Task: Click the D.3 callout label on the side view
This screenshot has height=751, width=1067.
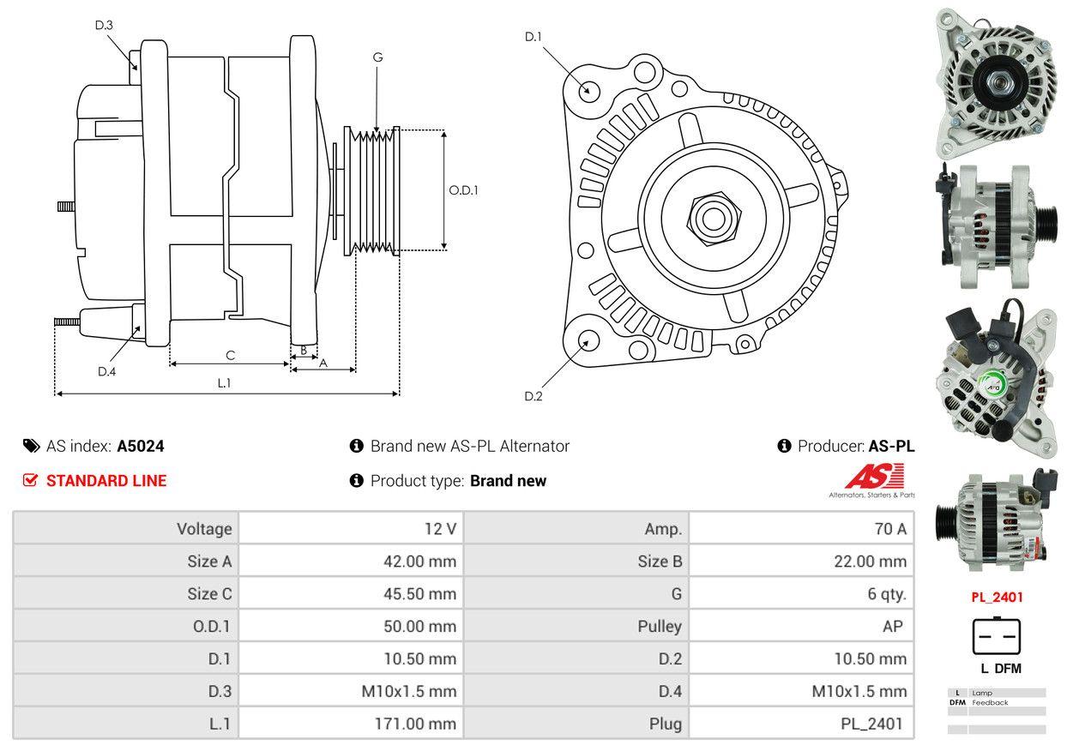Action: click(x=104, y=25)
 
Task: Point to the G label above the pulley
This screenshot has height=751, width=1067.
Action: click(x=377, y=57)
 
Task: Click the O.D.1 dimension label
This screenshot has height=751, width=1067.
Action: click(x=463, y=190)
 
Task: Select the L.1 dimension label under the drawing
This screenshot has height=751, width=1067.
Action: click(x=224, y=383)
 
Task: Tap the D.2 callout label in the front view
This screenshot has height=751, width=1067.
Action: click(x=533, y=396)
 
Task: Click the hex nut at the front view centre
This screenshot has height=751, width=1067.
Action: click(x=709, y=217)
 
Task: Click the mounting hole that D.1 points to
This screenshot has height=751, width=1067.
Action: click(x=588, y=90)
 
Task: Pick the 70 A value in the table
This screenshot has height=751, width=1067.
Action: click(x=889, y=529)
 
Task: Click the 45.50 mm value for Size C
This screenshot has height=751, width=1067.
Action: click(x=419, y=593)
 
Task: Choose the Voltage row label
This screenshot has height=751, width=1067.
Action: click(x=204, y=529)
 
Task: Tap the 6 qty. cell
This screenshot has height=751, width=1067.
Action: click(x=886, y=593)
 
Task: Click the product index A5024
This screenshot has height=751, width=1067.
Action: click(x=141, y=446)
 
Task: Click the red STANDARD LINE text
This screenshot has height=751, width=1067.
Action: click(x=106, y=481)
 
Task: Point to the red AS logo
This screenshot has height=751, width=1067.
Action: click(x=874, y=477)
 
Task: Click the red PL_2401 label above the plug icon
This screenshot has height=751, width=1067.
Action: click(x=996, y=598)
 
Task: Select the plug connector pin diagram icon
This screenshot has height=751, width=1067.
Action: click(x=996, y=635)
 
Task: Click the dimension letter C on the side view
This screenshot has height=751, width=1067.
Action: click(x=230, y=355)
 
